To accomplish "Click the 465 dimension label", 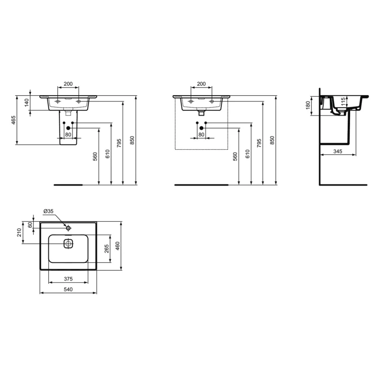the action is click(x=14, y=120).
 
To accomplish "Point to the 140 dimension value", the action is click(x=27, y=102).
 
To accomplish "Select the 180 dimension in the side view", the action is click(x=307, y=105).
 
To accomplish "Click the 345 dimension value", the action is click(x=338, y=151).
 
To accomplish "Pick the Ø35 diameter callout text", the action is click(x=49, y=211).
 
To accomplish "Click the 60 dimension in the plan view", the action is click(x=30, y=225).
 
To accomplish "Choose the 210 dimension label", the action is click(x=19, y=233).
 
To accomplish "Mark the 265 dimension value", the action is click(x=107, y=249).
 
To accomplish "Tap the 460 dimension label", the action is click(x=117, y=246).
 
